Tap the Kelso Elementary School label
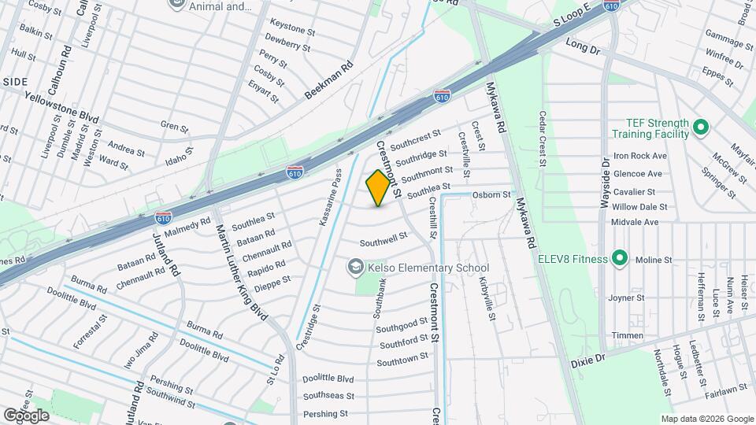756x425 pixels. coord(428,268)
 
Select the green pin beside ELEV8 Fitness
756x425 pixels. coord(620,258)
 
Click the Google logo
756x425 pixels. coord(26,415)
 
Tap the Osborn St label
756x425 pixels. coord(492,194)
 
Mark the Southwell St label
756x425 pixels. coord(384,236)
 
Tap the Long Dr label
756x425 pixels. coord(583,49)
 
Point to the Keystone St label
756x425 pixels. coord(292,28)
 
